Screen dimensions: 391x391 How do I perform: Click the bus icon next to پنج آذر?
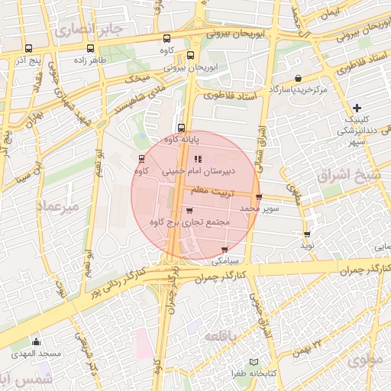pos(28,49)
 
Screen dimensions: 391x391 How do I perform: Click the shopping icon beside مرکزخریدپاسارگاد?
pos(297,79)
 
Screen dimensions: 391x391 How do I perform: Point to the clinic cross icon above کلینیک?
pos(357,108)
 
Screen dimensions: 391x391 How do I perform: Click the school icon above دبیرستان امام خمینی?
pos(199,159)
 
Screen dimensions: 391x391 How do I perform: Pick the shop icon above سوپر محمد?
pos(259,196)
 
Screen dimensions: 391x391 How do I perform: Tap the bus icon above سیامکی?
pos(225,250)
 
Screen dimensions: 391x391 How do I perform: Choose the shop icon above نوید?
pos(307,234)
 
